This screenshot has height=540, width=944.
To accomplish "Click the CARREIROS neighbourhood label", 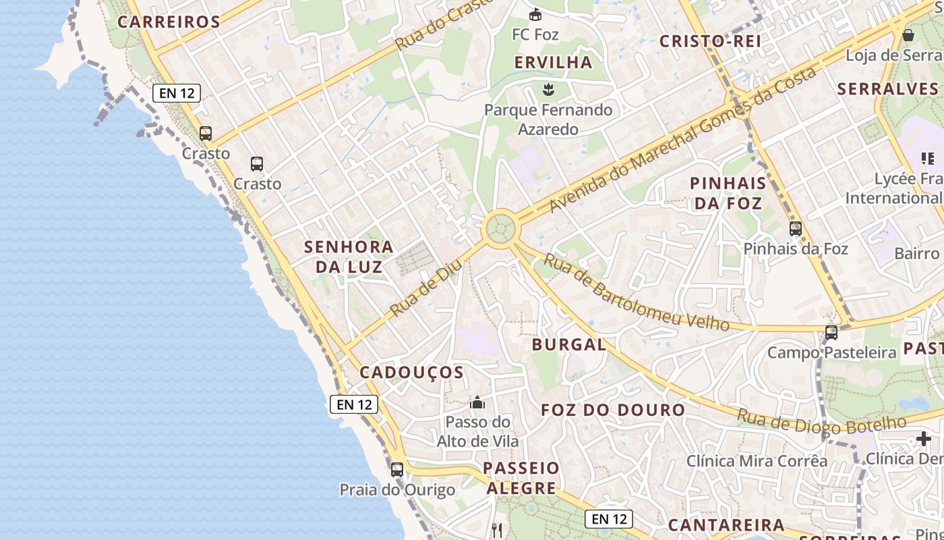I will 169,22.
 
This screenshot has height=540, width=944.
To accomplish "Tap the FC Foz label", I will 535,34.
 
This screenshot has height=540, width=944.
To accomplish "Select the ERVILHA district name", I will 553,62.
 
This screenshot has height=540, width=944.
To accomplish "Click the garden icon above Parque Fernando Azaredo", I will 548,88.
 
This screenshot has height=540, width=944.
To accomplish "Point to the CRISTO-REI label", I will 710,41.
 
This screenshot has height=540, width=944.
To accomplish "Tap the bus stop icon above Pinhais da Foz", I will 796,229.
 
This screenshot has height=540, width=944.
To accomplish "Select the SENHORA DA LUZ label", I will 349,256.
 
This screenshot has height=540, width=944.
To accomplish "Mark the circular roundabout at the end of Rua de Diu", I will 500,228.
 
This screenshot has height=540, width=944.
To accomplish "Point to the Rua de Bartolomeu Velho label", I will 636,292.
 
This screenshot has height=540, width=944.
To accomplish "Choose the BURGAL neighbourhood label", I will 568,344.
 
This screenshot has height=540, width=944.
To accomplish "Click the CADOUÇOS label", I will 411,373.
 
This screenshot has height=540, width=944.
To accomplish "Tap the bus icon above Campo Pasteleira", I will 831,332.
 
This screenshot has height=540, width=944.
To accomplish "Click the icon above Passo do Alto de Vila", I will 477,403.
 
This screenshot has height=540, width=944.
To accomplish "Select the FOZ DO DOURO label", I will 613,410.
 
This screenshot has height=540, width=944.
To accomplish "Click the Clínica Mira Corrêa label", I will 757,461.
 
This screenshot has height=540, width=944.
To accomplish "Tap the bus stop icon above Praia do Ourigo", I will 397,469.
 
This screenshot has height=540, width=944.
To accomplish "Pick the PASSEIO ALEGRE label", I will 521,478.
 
